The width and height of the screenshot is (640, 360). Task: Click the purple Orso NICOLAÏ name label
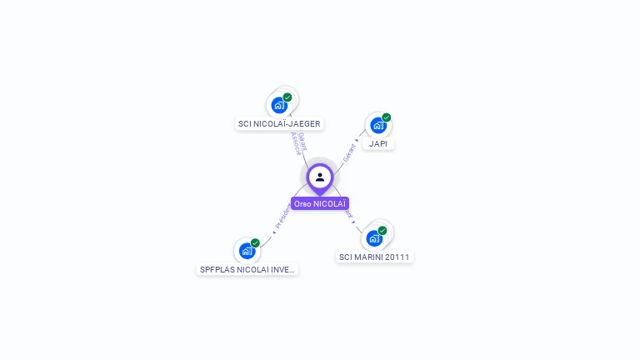(320, 203)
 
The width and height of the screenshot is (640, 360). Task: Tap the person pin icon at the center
(320, 177)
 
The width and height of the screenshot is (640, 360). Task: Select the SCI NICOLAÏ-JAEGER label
(279, 124)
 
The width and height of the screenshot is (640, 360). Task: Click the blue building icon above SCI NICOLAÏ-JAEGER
(279, 106)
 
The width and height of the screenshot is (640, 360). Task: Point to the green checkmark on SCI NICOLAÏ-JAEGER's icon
(287, 97)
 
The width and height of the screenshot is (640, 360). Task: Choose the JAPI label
(378, 143)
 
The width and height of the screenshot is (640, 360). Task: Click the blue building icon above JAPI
(378, 126)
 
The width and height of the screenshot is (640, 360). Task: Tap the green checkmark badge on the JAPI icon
(387, 117)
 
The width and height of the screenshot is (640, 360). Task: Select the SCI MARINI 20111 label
(374, 257)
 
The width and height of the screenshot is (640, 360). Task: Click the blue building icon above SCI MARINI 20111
(374, 238)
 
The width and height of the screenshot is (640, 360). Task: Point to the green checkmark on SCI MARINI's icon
(382, 230)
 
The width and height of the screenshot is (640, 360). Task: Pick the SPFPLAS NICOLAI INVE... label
(247, 269)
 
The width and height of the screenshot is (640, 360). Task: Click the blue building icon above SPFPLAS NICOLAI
(247, 251)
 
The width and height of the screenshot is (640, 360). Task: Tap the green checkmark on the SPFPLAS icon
(255, 242)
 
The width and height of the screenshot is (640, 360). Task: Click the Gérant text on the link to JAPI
(350, 152)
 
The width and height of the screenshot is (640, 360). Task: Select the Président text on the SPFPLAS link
(282, 217)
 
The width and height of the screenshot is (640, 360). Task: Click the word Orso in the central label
(302, 203)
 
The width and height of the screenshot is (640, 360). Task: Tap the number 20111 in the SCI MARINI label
(397, 257)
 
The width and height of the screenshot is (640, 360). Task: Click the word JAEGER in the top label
(303, 124)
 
